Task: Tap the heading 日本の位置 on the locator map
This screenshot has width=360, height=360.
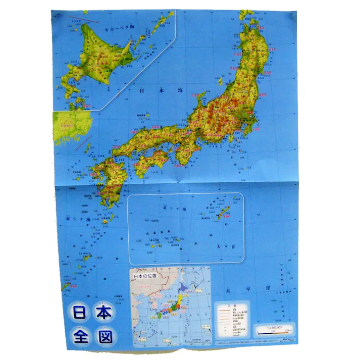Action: point(145,276)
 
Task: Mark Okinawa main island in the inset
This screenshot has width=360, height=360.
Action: point(223,212)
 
